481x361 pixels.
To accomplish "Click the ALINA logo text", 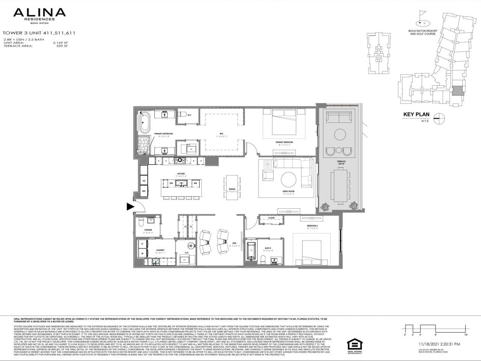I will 39,13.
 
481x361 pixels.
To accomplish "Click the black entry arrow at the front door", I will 130,206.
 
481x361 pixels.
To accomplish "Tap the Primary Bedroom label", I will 284,142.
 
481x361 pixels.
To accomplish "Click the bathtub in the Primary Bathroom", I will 144,123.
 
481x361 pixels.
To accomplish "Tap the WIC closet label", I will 221,133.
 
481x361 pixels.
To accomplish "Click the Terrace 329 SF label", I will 341,162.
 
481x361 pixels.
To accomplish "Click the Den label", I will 234,243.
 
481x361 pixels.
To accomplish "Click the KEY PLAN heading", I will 416,115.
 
